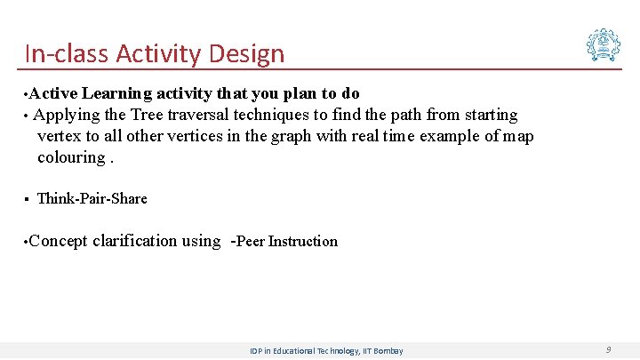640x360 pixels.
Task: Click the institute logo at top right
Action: (x=603, y=44)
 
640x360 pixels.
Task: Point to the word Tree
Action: (x=148, y=115)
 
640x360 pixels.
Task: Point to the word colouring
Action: (x=71, y=157)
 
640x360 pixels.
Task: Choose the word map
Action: (x=518, y=136)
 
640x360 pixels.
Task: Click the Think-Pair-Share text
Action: (x=92, y=198)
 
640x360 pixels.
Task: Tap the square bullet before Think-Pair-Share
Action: (x=28, y=198)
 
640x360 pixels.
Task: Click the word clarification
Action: (x=134, y=241)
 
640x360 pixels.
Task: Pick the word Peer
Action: (x=251, y=241)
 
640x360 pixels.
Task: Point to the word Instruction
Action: (x=303, y=241)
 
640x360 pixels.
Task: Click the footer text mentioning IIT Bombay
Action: (x=326, y=351)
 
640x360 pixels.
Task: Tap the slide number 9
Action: (x=608, y=350)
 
